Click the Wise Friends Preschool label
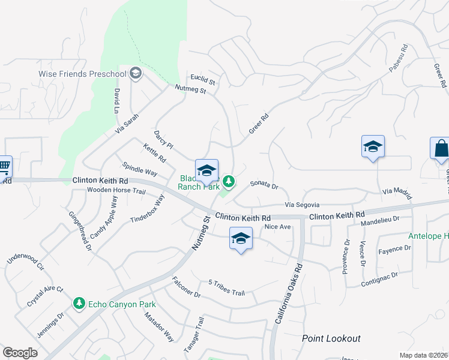(83, 74)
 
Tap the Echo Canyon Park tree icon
(79, 304)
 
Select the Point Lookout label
(331, 338)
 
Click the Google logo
(20, 353)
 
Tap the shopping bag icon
(440, 149)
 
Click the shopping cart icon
(4, 167)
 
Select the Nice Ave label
(278, 227)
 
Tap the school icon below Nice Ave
(241, 239)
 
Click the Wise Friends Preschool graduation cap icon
(136, 73)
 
